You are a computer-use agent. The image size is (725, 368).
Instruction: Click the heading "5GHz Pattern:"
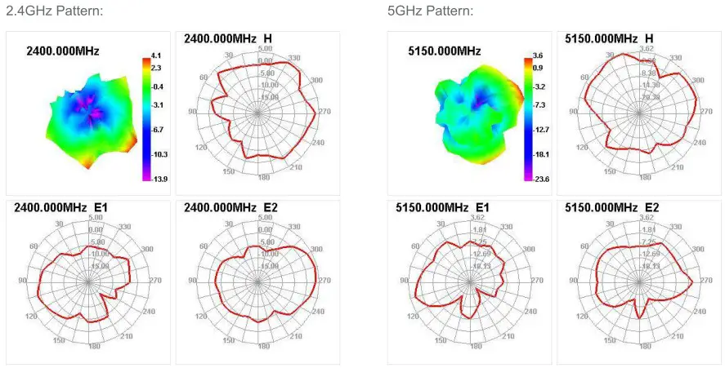click(430, 11)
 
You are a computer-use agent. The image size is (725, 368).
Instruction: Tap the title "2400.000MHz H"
click(228, 39)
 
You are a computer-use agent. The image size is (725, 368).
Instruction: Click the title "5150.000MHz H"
click(609, 39)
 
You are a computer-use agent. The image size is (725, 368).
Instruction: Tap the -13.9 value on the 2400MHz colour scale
click(160, 178)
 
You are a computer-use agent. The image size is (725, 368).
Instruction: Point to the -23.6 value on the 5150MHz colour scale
click(541, 178)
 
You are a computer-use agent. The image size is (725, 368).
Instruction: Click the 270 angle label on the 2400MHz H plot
click(324, 112)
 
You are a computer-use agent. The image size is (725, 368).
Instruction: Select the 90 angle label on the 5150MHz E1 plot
click(404, 280)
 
